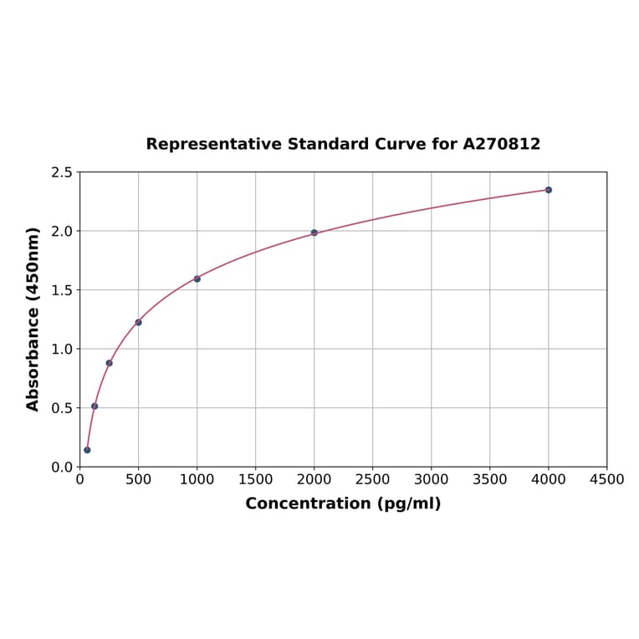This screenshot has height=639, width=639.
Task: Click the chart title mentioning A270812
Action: (x=343, y=144)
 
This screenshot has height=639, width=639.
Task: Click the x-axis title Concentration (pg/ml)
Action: (x=343, y=504)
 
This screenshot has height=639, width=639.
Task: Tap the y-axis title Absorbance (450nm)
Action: (x=33, y=319)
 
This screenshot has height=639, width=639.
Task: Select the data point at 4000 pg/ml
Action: (x=549, y=190)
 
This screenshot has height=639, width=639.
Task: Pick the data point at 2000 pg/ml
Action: (x=314, y=233)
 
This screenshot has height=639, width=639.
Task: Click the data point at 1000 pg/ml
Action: (x=197, y=279)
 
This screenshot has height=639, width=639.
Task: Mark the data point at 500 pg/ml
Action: (x=139, y=322)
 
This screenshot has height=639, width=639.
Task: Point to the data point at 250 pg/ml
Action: (x=110, y=363)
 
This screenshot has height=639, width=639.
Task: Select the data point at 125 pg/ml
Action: (x=95, y=406)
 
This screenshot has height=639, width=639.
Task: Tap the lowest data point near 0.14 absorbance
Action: (x=87, y=450)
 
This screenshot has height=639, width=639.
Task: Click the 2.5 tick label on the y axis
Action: (x=62, y=172)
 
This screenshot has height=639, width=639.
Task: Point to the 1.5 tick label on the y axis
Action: (x=62, y=290)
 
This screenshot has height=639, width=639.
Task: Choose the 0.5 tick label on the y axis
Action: (x=62, y=408)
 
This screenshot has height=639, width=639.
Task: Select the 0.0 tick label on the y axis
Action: (x=62, y=467)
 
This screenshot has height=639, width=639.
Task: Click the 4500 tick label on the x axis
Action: (x=607, y=479)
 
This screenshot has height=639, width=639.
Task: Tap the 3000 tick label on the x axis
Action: (x=432, y=479)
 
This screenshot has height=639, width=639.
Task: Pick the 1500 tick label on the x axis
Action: (x=256, y=479)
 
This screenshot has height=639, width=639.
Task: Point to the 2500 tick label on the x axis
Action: (x=373, y=479)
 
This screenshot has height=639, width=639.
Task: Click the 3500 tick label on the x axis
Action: (x=490, y=479)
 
